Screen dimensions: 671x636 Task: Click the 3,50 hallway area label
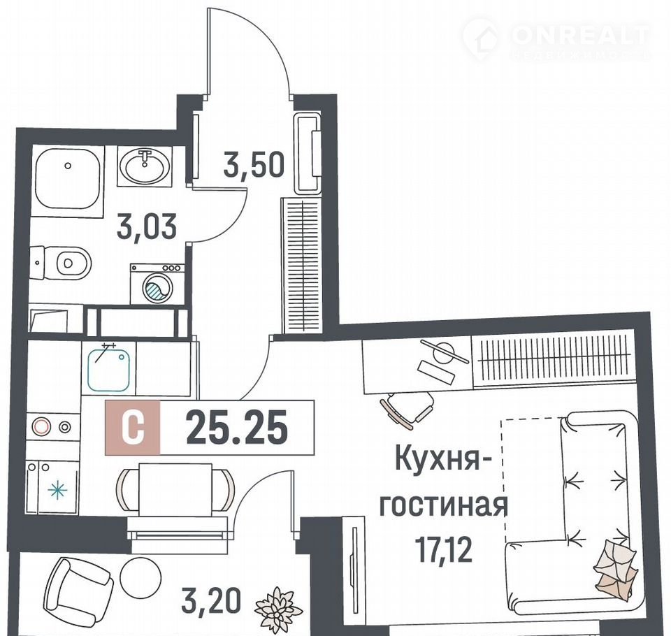pos(254,165)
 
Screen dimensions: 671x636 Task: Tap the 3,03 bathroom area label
pos(147,227)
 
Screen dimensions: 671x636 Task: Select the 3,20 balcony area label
pos(210,600)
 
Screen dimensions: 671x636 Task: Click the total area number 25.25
pos(237,427)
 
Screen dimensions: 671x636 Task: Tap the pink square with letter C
pos(133,427)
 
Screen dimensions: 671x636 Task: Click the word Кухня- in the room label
pos(442,458)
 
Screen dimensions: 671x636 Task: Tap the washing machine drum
pos(157,287)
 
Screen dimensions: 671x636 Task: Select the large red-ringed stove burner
pos(41,426)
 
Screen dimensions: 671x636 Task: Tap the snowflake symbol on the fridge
pos(57,491)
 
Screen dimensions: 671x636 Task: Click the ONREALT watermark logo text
pos(581,36)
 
